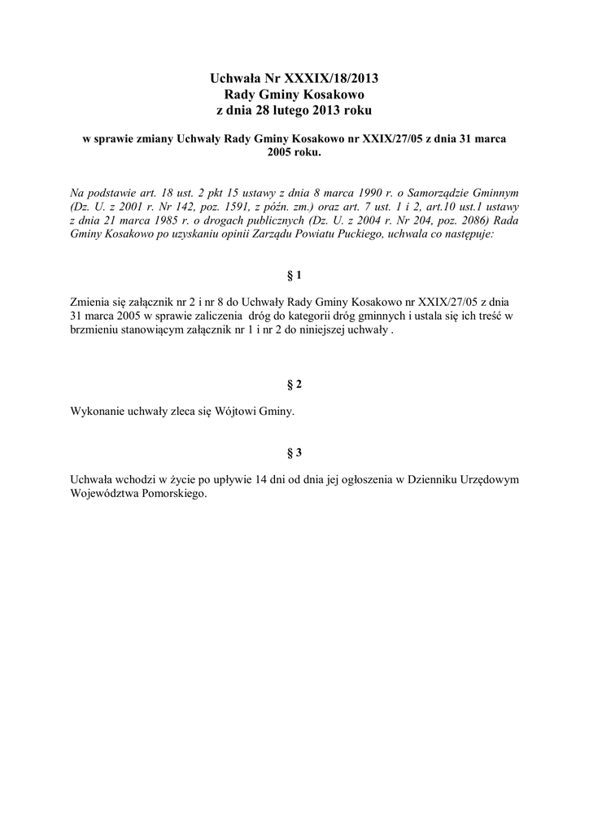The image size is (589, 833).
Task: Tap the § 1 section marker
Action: coord(294,276)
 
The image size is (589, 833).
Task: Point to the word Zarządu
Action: coord(291,235)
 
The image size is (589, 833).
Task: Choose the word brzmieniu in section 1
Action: coord(95,331)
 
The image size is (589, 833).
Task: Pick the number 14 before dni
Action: coord(261,479)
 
